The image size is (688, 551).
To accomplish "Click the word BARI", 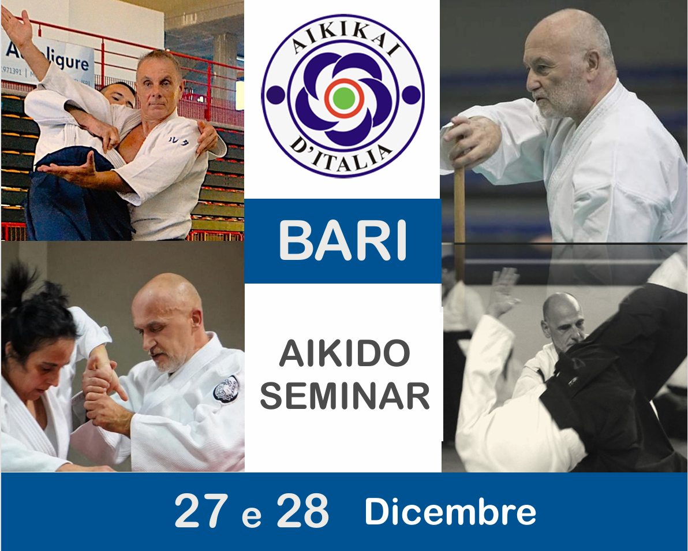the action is click(343, 241).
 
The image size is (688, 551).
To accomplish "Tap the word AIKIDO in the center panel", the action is click(345, 353).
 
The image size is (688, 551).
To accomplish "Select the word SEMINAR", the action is click(345, 396).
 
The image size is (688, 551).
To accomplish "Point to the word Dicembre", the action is click(450, 512).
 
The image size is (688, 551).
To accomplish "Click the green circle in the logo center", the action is click(344, 98).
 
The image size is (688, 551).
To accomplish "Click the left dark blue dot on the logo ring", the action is click(275, 95).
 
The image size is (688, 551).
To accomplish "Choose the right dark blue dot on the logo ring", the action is click(411, 95).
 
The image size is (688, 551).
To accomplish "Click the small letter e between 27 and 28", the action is click(252, 516).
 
